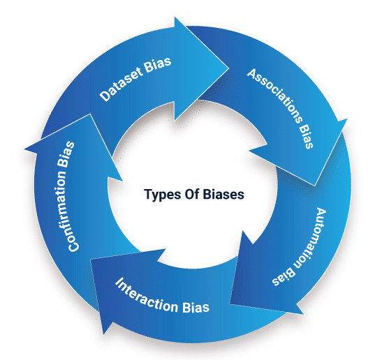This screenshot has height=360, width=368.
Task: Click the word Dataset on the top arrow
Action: pyautogui.click(x=121, y=84)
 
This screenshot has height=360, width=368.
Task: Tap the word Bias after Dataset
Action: pyautogui.click(x=158, y=63)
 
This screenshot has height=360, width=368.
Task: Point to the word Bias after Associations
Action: pyautogui.click(x=307, y=136)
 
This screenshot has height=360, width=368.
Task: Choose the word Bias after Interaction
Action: pyautogui.click(x=196, y=307)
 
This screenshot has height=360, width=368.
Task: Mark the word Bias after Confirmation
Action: pyautogui.click(x=66, y=154)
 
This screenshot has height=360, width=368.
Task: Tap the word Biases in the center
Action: pyautogui.click(x=223, y=194)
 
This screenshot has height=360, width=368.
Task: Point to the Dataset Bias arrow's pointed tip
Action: pyautogui.click(x=228, y=68)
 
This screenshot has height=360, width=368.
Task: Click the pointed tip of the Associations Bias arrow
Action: pyautogui.click(x=314, y=186)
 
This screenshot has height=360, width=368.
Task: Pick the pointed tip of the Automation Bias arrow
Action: pyautogui.click(x=230, y=303)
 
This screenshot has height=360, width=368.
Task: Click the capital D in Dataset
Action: pyautogui.click(x=105, y=96)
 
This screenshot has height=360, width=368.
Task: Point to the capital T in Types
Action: pyautogui.click(x=148, y=194)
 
